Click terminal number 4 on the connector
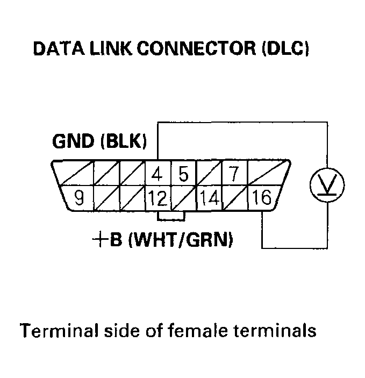tap(158, 175)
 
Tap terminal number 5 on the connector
tap(184, 175)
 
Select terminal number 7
tap(233, 175)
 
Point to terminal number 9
tap(79, 198)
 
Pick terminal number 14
tap(210, 199)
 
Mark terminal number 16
tap(262, 198)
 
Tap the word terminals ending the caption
tap(276, 329)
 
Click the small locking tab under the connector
tap(171, 216)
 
